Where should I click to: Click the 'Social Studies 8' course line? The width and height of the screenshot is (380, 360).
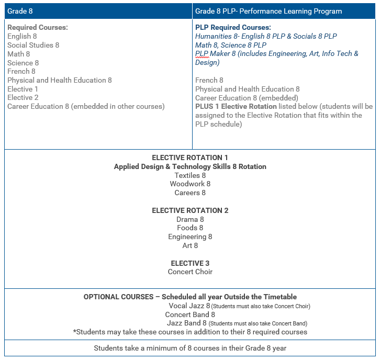coord(33,45)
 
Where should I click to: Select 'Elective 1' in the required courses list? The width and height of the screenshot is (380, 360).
coord(23,89)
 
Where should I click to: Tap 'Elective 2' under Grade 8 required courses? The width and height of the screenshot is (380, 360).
coord(23,97)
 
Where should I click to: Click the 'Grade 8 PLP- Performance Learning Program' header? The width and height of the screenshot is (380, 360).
coord(268,11)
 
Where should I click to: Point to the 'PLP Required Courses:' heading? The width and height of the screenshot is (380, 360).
coord(233,27)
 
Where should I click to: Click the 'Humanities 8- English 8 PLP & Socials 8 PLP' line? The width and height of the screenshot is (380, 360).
coord(266,36)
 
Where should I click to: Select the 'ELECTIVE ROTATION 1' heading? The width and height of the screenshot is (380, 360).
coord(190,157)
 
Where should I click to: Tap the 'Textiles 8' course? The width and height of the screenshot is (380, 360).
coord(190,175)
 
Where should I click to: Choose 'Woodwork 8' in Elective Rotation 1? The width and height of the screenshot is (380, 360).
coord(190,184)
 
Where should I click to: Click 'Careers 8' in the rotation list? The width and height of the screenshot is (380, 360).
coord(190,193)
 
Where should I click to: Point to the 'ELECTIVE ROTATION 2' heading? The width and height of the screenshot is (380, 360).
coord(190,210)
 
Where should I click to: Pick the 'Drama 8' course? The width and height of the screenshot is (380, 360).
coord(190,219)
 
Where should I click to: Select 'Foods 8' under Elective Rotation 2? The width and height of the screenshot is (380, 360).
coord(190,228)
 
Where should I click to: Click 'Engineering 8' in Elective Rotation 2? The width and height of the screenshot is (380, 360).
coord(190,237)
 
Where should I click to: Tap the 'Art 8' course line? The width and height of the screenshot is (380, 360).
coord(190,245)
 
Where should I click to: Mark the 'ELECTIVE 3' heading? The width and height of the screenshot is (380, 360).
coord(190,263)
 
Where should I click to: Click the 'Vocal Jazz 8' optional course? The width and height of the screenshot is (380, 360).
coord(189,306)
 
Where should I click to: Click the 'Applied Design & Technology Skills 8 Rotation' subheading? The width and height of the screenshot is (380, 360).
coord(190,166)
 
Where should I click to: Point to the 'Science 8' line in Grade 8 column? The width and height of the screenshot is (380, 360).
coord(23,63)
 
